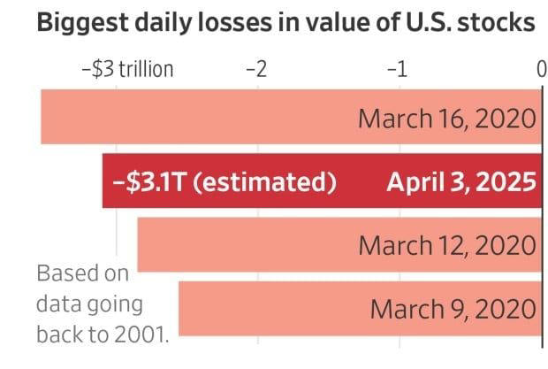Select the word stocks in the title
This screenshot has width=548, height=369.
[497, 24]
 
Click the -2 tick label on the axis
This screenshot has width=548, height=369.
[255, 70]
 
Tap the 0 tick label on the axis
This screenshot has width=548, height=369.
[541, 70]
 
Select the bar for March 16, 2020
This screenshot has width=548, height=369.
[194, 118]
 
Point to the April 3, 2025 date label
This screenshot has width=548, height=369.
[460, 182]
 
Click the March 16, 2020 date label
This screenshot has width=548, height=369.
[447, 119]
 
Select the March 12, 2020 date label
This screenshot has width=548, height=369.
[447, 245]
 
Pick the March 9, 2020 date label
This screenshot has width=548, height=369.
[453, 309]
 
